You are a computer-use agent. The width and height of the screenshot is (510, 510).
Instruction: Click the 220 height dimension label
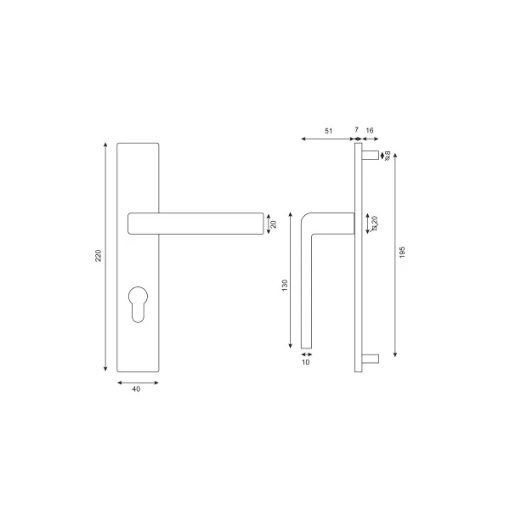(99, 256)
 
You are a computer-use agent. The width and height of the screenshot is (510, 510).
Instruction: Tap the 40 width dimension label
(136, 388)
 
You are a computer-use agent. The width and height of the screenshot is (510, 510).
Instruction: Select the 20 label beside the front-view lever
(274, 224)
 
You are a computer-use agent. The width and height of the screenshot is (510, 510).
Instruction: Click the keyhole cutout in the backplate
(139, 304)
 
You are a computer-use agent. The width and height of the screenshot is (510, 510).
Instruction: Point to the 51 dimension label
(328, 131)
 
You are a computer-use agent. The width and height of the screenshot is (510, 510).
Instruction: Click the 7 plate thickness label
(356, 130)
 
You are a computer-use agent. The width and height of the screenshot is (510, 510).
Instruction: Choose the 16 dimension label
(370, 130)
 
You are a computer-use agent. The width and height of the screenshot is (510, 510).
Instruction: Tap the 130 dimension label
(285, 286)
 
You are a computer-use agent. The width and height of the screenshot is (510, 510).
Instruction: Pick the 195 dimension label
(402, 252)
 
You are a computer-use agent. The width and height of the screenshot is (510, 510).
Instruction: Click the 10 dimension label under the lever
(306, 362)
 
